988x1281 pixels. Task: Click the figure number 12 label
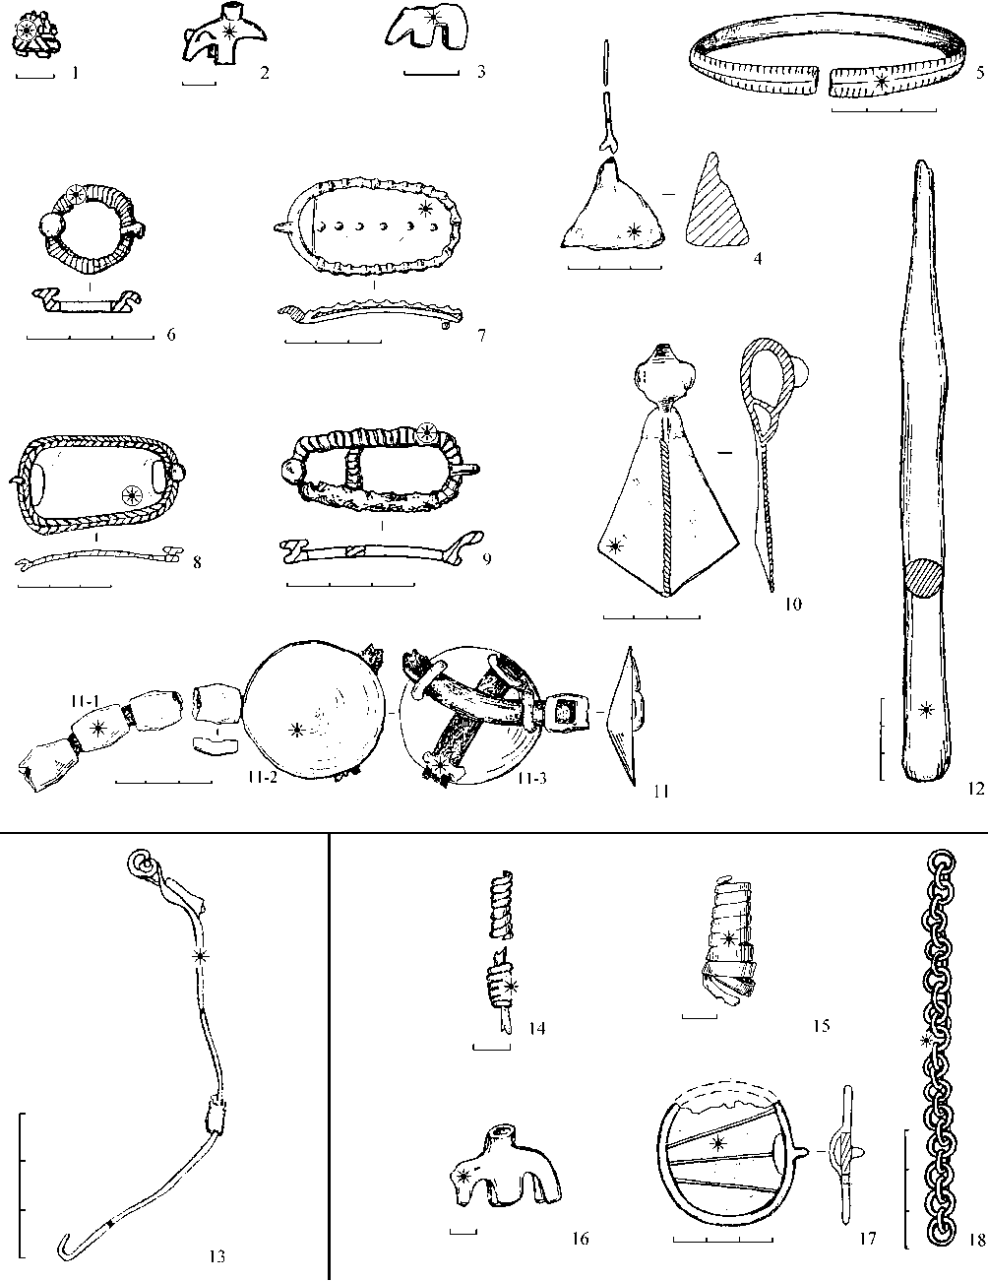pyautogui.click(x=976, y=789)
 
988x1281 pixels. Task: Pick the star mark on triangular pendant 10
pyautogui.click(x=615, y=545)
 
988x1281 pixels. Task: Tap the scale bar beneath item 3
pyautogui.click(x=431, y=74)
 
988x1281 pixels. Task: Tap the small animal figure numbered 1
pyautogui.click(x=33, y=34)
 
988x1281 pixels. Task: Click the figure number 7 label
pyautogui.click(x=481, y=336)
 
